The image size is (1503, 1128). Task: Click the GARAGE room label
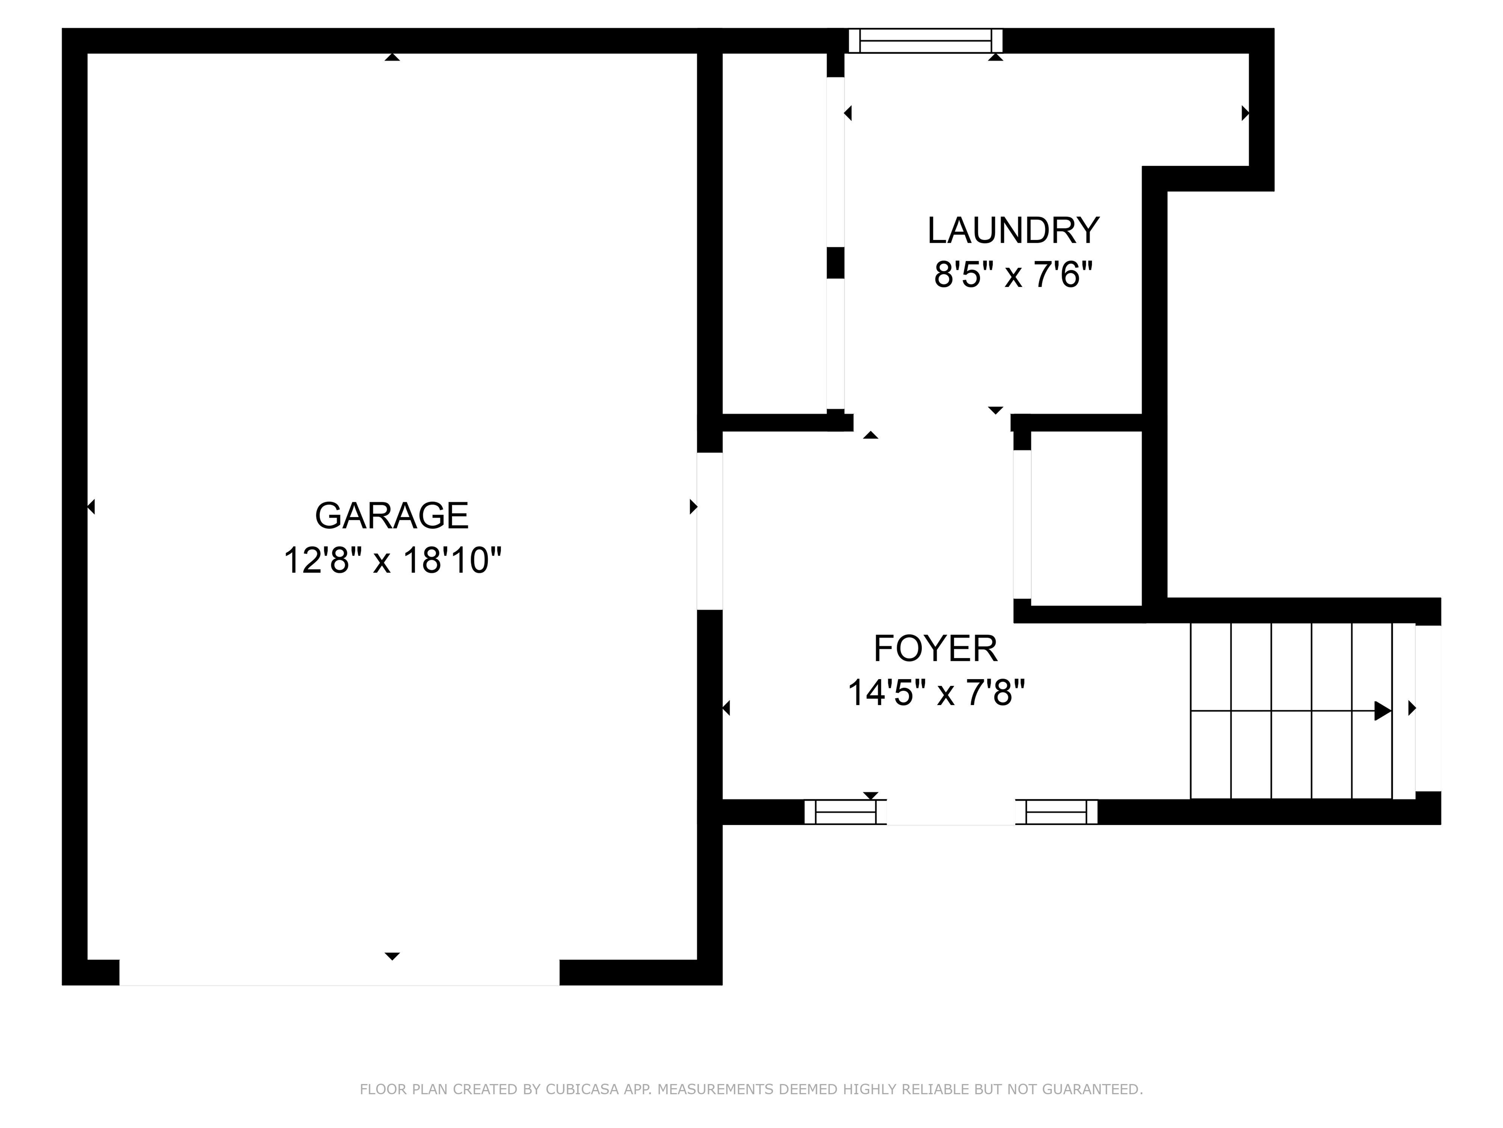(x=391, y=516)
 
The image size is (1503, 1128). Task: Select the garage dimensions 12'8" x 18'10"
(x=392, y=562)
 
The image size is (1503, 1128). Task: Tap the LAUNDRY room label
(x=1013, y=231)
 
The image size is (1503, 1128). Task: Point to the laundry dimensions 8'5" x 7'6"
(x=1013, y=275)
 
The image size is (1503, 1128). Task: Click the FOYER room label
(x=935, y=649)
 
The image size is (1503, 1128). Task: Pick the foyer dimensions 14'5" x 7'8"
(x=935, y=694)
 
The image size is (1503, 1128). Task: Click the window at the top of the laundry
(x=926, y=41)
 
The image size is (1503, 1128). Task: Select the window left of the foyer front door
(x=845, y=812)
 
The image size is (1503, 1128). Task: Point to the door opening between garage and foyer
(x=710, y=531)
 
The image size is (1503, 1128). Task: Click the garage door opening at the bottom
(x=339, y=973)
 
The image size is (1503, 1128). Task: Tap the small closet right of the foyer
(x=1085, y=518)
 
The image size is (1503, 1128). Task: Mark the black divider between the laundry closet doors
(x=835, y=263)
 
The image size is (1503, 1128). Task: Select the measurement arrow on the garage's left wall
(x=91, y=507)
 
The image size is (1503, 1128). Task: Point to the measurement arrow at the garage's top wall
(x=392, y=58)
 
